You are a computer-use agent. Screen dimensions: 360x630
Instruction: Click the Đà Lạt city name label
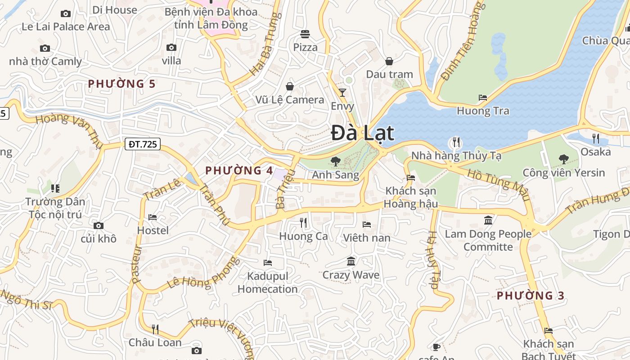(363, 133)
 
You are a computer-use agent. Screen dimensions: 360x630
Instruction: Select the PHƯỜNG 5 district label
(122, 84)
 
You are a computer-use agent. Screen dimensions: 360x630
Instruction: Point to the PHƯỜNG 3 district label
(531, 296)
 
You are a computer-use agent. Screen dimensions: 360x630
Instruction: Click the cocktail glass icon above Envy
(342, 93)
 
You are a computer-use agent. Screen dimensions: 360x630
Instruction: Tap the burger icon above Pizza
(305, 34)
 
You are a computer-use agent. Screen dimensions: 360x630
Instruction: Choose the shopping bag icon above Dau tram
(389, 61)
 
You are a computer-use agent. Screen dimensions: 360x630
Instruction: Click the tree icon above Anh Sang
(336, 161)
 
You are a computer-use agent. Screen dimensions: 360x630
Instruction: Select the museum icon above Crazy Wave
(351, 261)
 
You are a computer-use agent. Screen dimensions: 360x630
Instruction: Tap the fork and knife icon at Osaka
(596, 138)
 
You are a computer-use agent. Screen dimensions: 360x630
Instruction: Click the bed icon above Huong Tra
(483, 97)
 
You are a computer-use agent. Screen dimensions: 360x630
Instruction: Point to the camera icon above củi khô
(99, 225)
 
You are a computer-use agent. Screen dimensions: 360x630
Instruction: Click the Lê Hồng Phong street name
(201, 274)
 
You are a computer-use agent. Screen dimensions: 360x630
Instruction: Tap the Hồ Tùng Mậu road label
(498, 185)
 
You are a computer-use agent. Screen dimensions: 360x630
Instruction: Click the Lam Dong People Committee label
(488, 240)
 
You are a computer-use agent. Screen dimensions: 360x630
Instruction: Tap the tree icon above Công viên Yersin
(563, 159)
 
